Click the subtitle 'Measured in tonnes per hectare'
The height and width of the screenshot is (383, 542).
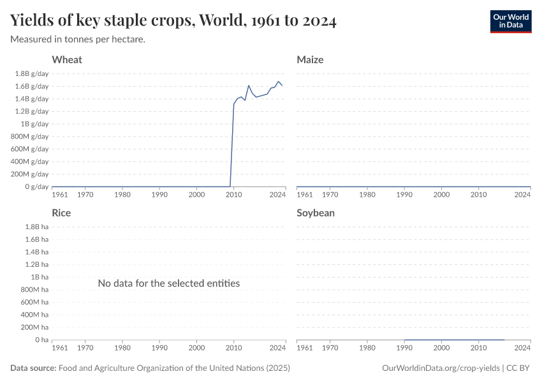[x=78, y=40]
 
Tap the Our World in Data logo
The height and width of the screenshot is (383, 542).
[x=510, y=21]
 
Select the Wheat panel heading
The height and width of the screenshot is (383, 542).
[x=67, y=60]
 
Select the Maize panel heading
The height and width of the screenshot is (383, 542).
[x=310, y=60]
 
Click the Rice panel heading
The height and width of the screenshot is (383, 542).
[x=61, y=213]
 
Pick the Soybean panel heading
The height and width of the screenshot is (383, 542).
[x=316, y=213]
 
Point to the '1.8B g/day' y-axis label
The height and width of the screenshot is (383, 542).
[x=31, y=73]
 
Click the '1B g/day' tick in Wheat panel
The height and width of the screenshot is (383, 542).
[x=34, y=124]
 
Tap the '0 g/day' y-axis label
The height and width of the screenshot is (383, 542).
[x=37, y=186]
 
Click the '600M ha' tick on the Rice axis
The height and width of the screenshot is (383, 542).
[x=33, y=303]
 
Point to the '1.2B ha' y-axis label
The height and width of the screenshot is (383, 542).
[x=35, y=264]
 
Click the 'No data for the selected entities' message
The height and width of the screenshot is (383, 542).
[x=169, y=283]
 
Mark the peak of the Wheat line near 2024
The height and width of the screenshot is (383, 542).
[x=279, y=82]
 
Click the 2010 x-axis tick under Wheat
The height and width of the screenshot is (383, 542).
[x=234, y=195]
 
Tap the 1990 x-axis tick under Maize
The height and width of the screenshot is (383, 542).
[x=404, y=195]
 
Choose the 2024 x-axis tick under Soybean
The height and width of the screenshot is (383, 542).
[x=522, y=348]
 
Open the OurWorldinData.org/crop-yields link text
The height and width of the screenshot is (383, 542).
[x=441, y=368]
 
